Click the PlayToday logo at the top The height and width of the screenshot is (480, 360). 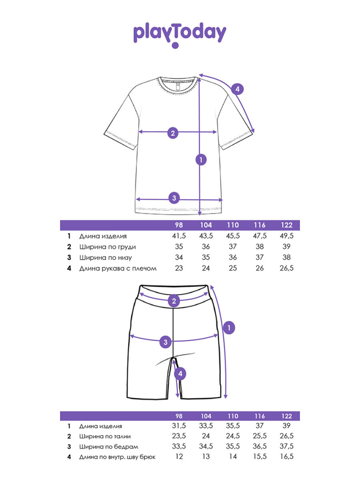(x=180, y=34)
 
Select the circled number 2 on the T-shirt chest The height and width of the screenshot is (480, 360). (x=173, y=133)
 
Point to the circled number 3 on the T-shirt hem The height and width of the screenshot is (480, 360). (x=174, y=197)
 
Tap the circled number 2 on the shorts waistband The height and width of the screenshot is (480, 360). (x=174, y=301)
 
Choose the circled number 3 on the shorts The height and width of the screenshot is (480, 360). (x=165, y=342)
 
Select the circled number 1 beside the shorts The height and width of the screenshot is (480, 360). (x=228, y=328)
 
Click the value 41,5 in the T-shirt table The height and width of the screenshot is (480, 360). (x=179, y=236)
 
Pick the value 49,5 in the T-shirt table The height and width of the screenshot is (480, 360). (x=287, y=236)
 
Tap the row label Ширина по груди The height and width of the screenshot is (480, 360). (x=107, y=247)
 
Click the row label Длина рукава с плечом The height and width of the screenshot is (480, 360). (x=118, y=269)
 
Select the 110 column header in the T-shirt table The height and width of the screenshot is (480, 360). (x=233, y=225)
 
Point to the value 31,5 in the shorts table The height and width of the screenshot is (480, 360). (x=179, y=426)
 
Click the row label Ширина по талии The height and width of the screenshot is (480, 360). (x=107, y=436)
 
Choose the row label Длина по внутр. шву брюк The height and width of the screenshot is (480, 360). (x=117, y=457)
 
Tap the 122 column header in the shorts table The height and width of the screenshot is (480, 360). (x=287, y=416)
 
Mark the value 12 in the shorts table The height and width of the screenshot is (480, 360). (x=179, y=457)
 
